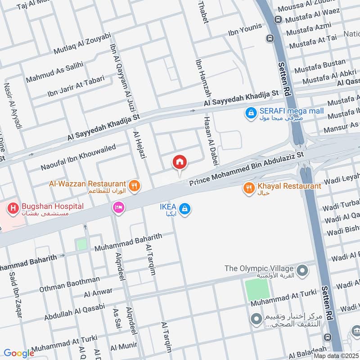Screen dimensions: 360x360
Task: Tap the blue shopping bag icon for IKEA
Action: [184, 208]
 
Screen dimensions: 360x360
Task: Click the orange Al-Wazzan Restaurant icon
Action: [134, 184]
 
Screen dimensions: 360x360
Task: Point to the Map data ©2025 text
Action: [336, 355]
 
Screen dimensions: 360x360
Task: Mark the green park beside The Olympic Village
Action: [258, 290]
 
